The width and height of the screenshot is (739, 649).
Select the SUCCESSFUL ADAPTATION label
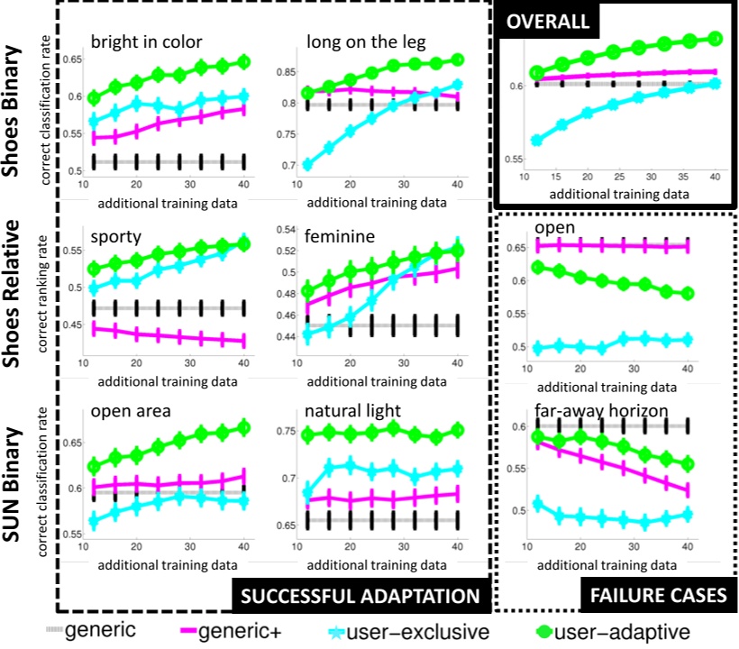[x=360, y=596]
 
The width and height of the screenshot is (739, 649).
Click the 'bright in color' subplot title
[x=146, y=41]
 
